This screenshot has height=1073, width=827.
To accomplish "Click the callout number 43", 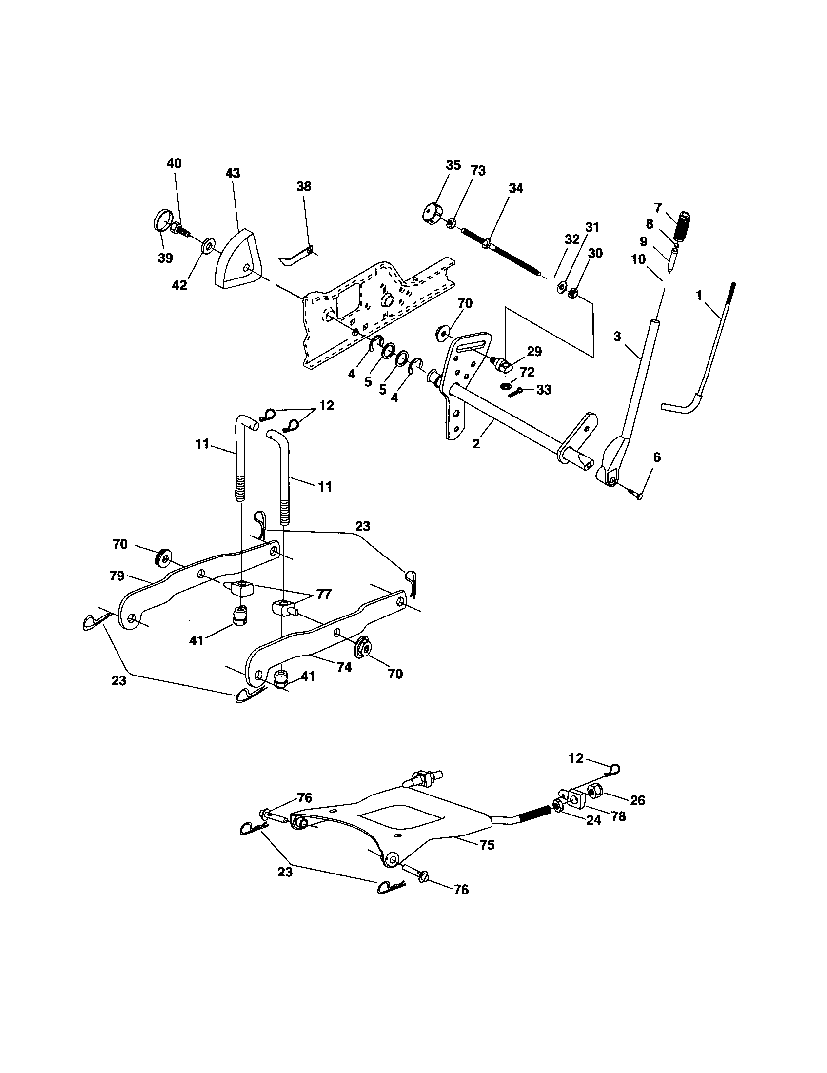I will coord(233,173).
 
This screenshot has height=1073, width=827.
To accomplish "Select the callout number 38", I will coord(303,186).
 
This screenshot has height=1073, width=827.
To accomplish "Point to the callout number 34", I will coord(515,188).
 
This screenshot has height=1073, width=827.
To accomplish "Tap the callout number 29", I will coord(534,351).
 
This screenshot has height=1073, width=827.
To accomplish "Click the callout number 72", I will coord(527,372).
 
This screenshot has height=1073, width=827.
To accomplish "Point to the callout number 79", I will coord(117,576).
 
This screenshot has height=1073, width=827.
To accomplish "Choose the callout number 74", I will coord(344,667).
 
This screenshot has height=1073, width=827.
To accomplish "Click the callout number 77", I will coord(324,595).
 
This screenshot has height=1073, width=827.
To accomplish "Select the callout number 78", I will coord(618,816).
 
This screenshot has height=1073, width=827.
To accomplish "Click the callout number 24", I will coord(594,820).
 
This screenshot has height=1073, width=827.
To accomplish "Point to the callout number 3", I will coord(617,337).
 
